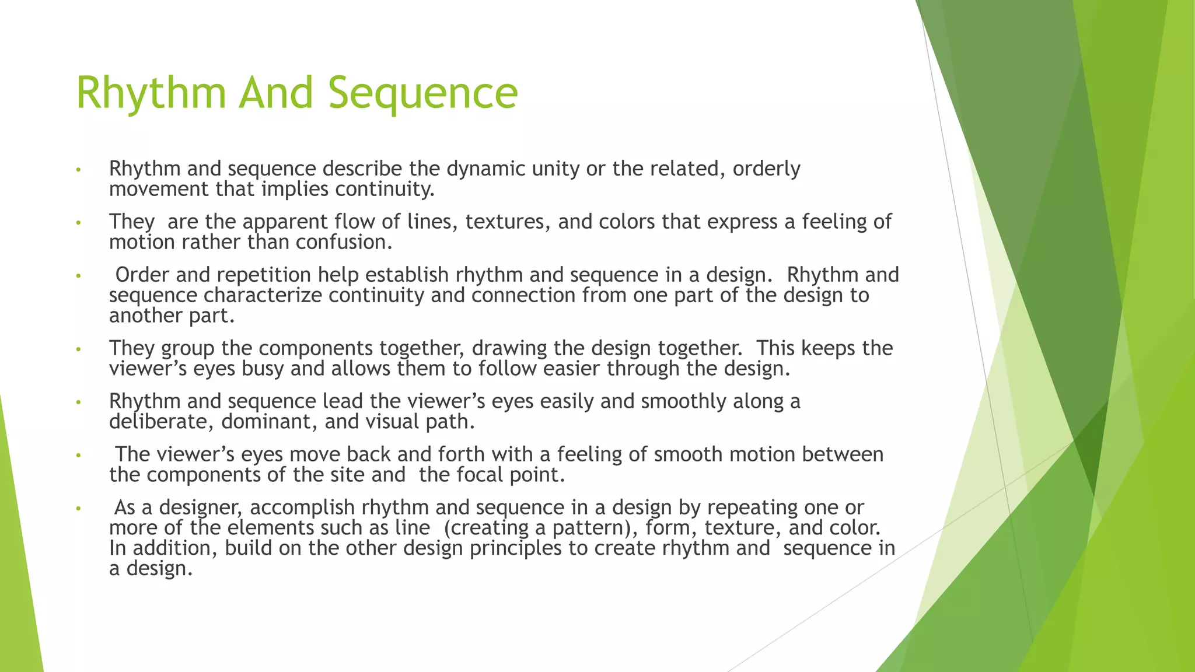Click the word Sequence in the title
[422, 93]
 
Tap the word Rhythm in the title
[151, 93]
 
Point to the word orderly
[766, 169]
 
